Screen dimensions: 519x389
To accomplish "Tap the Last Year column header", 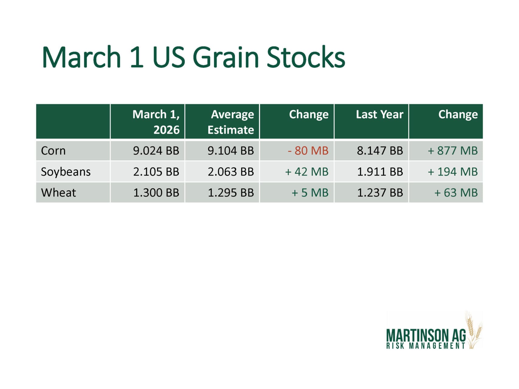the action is (379, 114).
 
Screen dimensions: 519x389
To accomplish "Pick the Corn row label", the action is (53, 151).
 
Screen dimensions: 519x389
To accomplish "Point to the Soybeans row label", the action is (66, 172).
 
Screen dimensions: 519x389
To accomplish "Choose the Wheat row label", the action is (58, 193).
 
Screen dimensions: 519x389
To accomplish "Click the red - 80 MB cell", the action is (308, 151).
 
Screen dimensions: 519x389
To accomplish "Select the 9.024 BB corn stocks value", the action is (156, 151).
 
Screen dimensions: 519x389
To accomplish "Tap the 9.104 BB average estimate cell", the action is (231, 151).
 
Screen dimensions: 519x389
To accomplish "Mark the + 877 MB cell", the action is (453, 151).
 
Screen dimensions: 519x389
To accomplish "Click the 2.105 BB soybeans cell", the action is (156, 172).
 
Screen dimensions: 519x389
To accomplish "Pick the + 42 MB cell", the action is (307, 172).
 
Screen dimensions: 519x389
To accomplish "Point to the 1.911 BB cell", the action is (380, 172).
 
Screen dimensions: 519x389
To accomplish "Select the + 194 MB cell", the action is (453, 172).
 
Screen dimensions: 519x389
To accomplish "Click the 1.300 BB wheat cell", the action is (156, 193).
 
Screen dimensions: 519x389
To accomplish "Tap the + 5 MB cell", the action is (310, 193).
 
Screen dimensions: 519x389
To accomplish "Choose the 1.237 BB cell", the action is (380, 193).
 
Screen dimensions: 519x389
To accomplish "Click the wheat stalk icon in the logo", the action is (474, 330).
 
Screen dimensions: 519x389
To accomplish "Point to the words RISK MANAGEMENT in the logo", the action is (426, 346).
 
